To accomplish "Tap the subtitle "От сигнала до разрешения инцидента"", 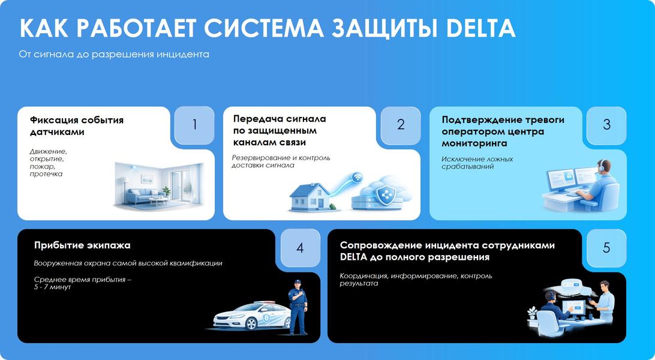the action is click(114, 55).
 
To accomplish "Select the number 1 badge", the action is click(194, 124).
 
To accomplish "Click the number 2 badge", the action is click(400, 124).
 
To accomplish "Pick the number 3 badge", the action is click(606, 124).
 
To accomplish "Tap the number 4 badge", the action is click(300, 248).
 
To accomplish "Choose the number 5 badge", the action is click(606, 248).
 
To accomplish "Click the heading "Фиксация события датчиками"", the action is click(77, 126).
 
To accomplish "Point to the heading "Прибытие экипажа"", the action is click(82, 245).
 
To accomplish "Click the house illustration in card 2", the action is click(310, 197).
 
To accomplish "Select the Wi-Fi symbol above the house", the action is click(357, 178).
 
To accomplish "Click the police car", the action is click(252, 316).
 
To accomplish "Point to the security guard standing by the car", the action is click(298, 307).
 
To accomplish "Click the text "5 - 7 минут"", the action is click(53, 287).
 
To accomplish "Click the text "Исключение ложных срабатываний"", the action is click(477, 163).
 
